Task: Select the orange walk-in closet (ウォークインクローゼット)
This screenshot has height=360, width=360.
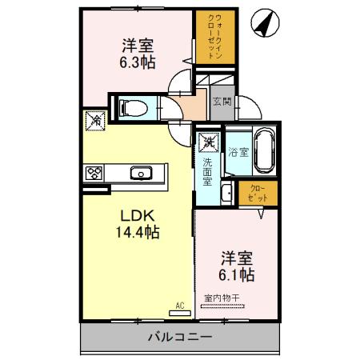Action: point(214,38)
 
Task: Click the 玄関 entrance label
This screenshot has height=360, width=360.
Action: point(221,101)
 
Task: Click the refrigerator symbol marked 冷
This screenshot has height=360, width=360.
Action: point(95,122)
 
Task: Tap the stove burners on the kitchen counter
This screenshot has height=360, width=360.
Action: point(95,171)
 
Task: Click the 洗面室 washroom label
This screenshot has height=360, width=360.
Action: point(206,170)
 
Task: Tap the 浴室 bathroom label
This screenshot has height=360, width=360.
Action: point(237,151)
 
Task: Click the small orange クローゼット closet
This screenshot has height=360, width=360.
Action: point(258,192)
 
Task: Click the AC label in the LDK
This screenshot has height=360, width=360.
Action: point(179,304)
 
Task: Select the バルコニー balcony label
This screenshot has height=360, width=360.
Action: point(179,337)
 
